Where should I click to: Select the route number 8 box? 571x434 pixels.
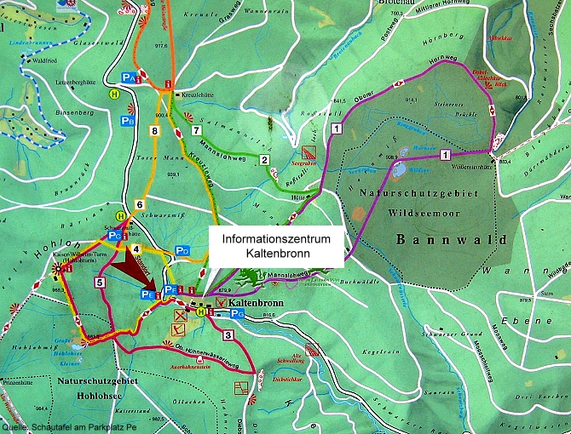153,131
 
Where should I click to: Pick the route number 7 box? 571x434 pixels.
196,130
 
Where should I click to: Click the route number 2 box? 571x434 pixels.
264,160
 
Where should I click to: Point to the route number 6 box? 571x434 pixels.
139,205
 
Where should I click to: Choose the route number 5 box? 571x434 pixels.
100,282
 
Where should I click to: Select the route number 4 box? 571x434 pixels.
136,248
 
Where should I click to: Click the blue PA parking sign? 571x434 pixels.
130,77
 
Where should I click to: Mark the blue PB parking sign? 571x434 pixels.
127,121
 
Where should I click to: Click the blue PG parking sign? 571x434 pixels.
238,314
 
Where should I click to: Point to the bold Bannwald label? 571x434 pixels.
435,241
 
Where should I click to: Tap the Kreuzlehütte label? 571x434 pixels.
199,95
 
